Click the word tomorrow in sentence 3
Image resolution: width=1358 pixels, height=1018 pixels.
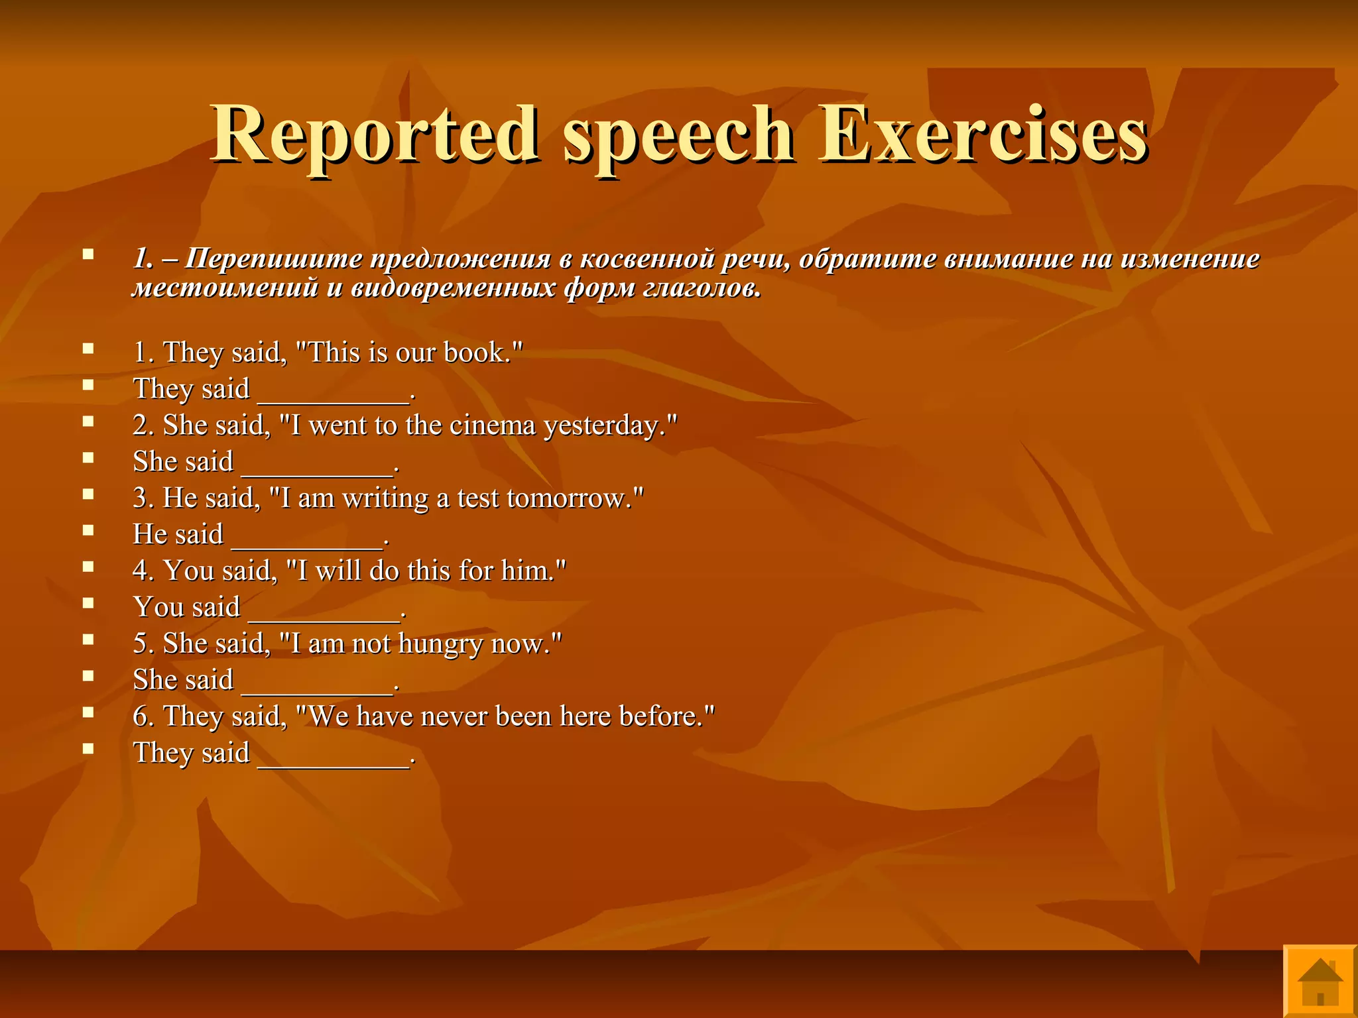pyautogui.click(x=569, y=498)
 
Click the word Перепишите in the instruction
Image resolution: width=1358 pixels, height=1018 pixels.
pyautogui.click(x=273, y=259)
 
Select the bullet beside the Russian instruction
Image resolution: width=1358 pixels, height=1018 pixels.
pyautogui.click(x=88, y=254)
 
